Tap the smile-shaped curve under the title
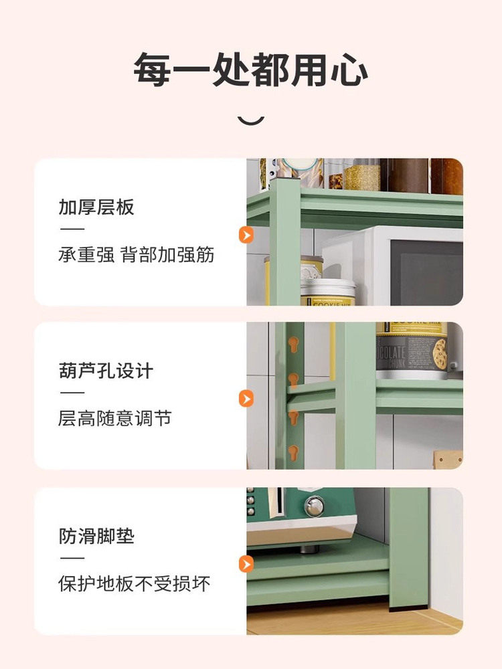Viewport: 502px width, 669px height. [251, 120]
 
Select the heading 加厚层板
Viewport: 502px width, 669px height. [96, 207]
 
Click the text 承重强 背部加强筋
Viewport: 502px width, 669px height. [137, 256]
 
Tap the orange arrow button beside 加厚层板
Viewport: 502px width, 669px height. [246, 235]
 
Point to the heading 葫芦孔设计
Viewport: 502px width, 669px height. [106, 371]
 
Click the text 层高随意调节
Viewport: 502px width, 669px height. [114, 419]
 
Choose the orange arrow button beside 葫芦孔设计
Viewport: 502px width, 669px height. [246, 399]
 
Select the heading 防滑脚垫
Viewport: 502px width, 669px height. [96, 536]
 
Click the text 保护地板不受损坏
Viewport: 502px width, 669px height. [134, 584]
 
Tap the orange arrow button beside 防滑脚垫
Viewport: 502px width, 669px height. [246, 564]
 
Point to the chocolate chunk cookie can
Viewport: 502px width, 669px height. [410, 351]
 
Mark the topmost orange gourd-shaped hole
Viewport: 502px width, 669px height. [292, 345]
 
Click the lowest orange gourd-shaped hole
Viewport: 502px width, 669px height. [292, 452]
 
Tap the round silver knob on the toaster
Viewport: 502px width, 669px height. [314, 506]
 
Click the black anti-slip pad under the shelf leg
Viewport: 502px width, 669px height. [410, 611]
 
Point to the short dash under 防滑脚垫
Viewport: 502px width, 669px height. [72, 559]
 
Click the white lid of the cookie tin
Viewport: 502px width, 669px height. [328, 288]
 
